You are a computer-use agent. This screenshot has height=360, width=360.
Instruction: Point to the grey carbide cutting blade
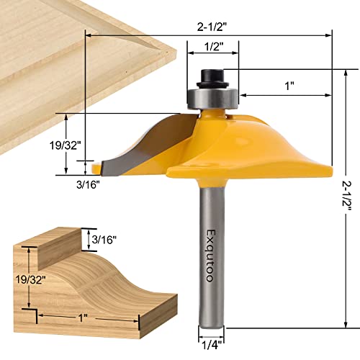(122, 155)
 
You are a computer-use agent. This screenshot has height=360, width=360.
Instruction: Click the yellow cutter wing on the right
(274, 155)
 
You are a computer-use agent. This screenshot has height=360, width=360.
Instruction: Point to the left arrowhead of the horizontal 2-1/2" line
(89, 33)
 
